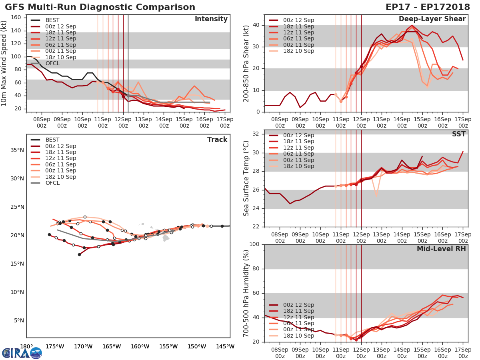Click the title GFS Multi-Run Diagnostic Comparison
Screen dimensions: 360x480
100,7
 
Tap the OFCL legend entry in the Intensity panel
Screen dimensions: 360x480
52,63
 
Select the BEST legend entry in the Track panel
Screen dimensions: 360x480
52,140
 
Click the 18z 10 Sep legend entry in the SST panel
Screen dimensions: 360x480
298,166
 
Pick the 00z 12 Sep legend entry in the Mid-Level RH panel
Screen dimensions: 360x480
298,305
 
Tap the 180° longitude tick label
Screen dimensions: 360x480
26,347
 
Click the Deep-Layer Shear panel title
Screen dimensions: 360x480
432,19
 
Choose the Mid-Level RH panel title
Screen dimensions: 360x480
441,249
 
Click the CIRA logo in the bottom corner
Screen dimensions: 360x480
22,353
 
